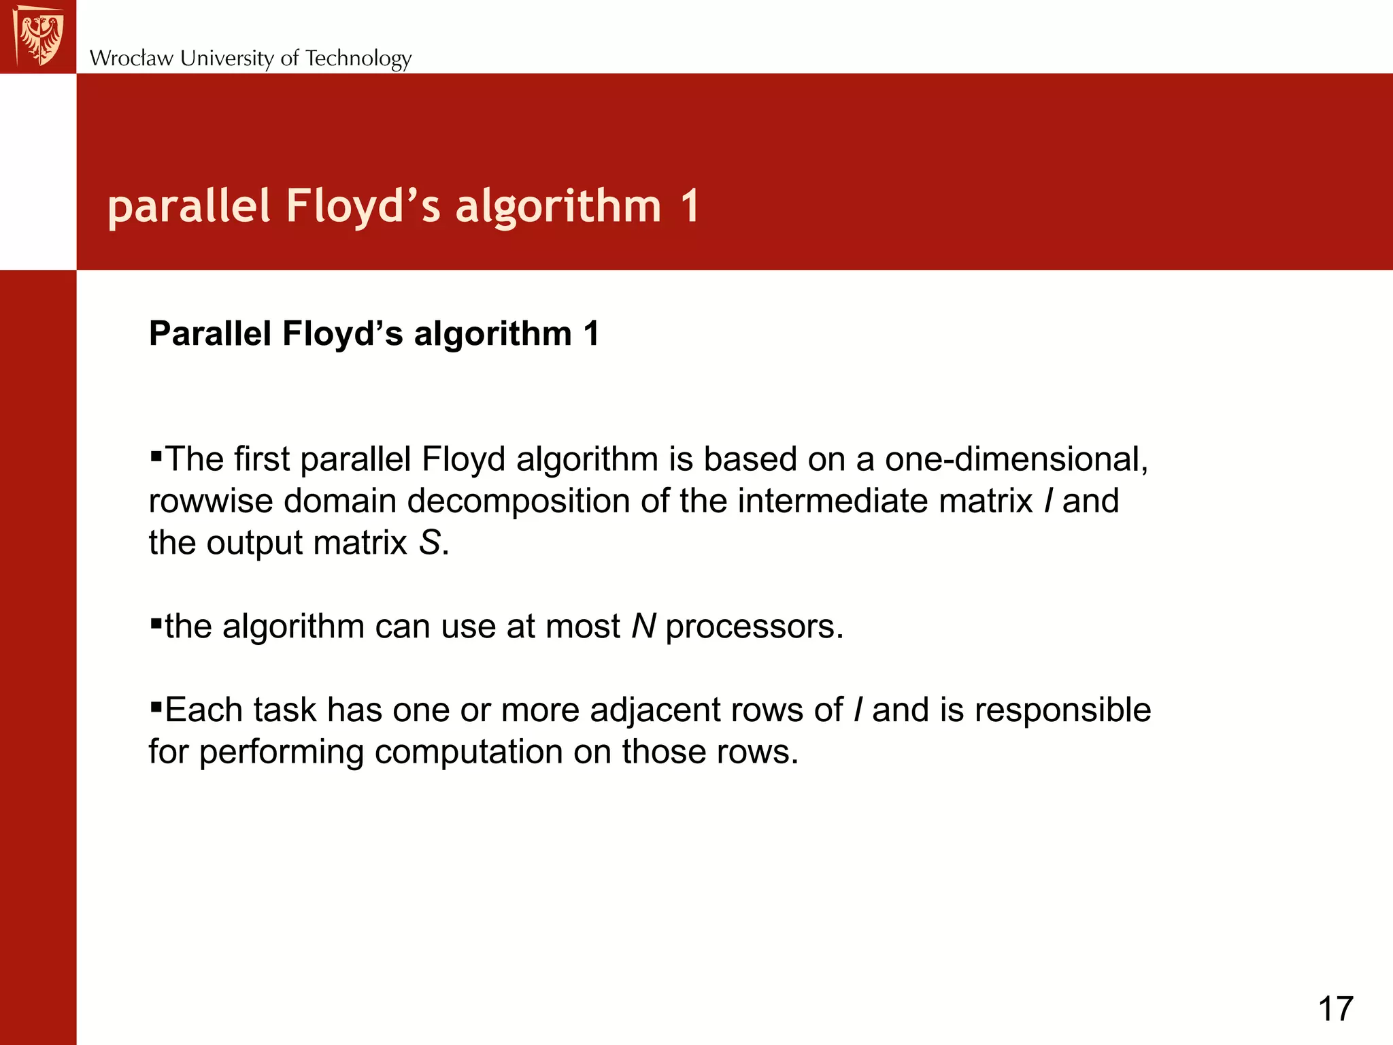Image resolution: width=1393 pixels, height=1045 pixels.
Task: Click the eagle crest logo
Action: pos(39,36)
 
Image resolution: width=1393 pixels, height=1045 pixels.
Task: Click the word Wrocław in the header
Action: pos(131,59)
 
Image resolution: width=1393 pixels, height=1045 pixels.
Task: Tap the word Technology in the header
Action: pos(358,59)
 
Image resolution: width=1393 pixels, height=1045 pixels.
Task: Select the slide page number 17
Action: pos(1335,1008)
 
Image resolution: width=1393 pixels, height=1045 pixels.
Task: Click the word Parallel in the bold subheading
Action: pos(209,333)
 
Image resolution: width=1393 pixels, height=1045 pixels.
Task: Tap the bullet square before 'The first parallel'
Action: pos(156,454)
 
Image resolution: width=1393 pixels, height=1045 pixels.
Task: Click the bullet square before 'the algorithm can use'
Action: pos(156,622)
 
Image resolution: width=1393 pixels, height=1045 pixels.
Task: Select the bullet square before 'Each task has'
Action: pos(156,706)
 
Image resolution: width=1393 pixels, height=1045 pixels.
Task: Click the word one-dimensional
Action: pos(1016,459)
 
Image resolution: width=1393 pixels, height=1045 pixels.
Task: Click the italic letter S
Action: pos(429,543)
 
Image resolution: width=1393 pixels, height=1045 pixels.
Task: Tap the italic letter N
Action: pos(643,626)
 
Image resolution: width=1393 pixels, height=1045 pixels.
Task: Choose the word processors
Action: pos(754,627)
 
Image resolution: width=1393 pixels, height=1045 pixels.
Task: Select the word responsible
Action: pos(1062,710)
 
